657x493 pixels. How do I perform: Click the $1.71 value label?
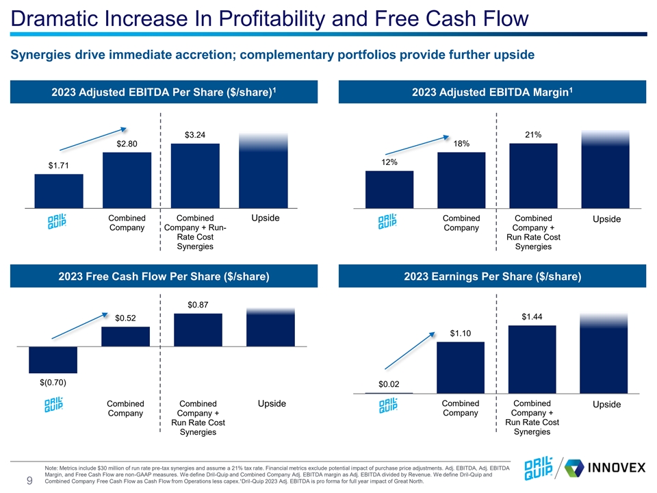pyautogui.click(x=58, y=165)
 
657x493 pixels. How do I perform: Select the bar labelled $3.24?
pyautogui.click(x=195, y=175)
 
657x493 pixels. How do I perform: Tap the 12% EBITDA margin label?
pyautogui.click(x=389, y=162)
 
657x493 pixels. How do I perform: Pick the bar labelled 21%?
pyautogui.click(x=533, y=175)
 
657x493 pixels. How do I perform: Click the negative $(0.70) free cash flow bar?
pyautogui.click(x=53, y=359)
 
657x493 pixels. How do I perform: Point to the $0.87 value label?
pyautogui.click(x=198, y=303)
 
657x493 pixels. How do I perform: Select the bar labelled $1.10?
pyautogui.click(x=460, y=367)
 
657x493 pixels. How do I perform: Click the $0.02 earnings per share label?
pyautogui.click(x=389, y=384)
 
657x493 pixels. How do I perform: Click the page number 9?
pyautogui.click(x=30, y=481)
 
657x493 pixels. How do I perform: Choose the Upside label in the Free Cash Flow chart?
pyautogui.click(x=271, y=404)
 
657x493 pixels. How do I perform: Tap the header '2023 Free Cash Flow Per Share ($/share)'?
pyautogui.click(x=163, y=277)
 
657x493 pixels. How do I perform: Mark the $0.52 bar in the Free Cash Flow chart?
pyautogui.click(x=125, y=336)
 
